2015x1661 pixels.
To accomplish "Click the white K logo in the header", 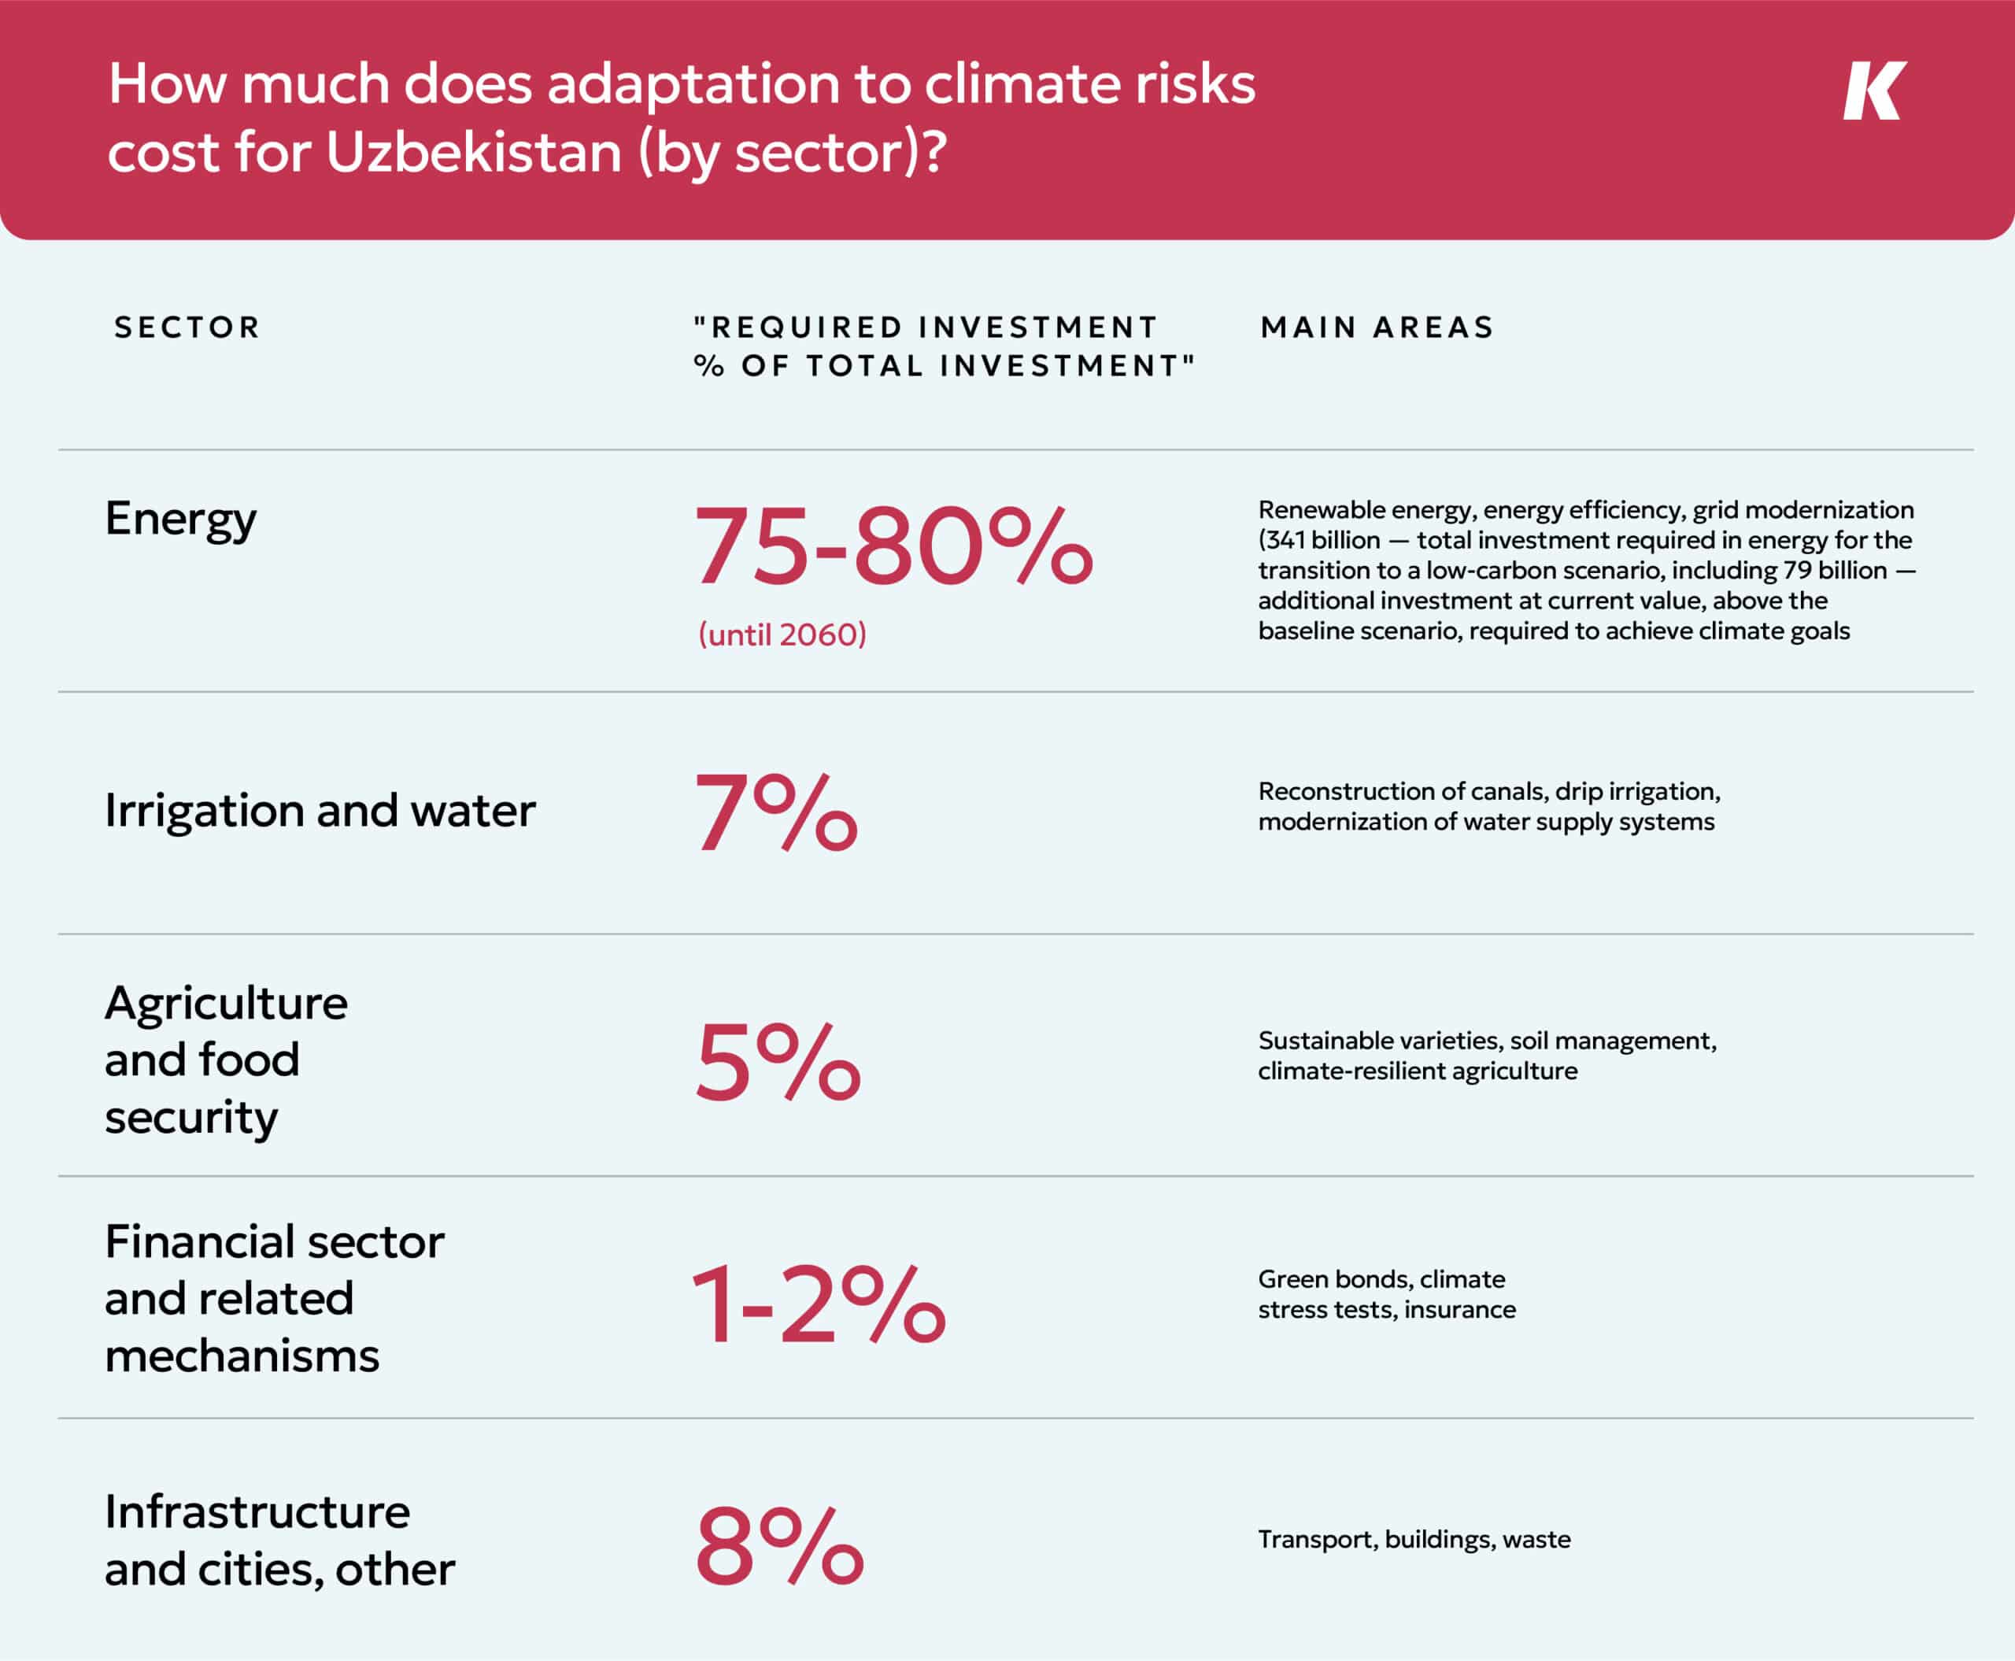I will coord(1873,91).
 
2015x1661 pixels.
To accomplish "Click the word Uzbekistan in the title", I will coord(474,153).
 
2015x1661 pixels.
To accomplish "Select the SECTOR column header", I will coord(187,327).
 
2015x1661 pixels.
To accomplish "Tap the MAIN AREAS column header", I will coord(1377,327).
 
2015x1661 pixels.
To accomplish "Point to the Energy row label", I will coord(181,520).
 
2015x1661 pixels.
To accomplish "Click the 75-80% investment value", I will coord(892,546).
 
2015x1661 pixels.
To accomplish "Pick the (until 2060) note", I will coord(782,634).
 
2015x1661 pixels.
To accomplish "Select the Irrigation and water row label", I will coord(320,810).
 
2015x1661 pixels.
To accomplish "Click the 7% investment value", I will coord(776,812).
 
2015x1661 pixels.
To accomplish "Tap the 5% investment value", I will coord(778,1061).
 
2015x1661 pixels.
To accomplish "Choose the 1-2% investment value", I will coord(818,1304).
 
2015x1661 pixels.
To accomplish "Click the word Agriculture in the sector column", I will coord(227,1004).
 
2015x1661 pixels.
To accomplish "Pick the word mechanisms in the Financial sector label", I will coord(242,1356).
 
